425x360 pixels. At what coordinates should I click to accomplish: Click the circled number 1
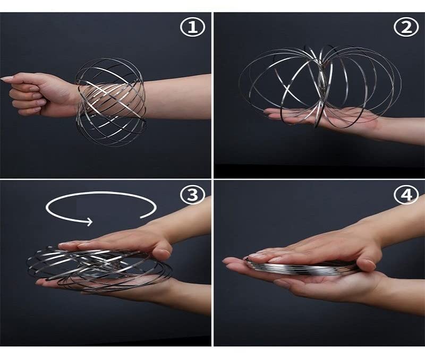[x=192, y=28]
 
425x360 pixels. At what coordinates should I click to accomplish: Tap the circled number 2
[x=407, y=28]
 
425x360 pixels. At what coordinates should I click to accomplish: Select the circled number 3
[x=192, y=195]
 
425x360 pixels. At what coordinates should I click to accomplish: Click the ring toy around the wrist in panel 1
[x=110, y=101]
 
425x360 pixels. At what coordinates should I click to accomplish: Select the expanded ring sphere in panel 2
[x=319, y=85]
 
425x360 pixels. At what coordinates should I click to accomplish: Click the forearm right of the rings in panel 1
[x=175, y=96]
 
